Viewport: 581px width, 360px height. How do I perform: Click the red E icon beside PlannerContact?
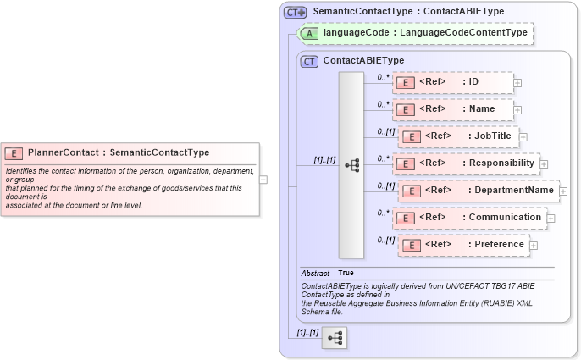point(14,153)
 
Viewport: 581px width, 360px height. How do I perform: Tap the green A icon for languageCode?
point(311,33)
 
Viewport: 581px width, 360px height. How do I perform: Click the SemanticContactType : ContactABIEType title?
point(408,11)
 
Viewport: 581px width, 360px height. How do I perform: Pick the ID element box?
point(452,82)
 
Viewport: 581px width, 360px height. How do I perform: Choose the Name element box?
point(452,109)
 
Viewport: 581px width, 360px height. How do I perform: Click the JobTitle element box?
point(457,136)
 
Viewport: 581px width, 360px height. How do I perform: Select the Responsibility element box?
point(465,163)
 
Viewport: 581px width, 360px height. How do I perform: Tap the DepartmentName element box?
point(478,191)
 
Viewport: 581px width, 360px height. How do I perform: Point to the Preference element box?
point(462,245)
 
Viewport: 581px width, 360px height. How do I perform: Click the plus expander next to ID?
point(517,83)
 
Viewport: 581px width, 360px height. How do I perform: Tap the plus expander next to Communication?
point(551,219)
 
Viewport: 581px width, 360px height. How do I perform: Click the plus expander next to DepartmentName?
point(563,191)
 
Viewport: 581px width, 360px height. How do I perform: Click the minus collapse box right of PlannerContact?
point(263,180)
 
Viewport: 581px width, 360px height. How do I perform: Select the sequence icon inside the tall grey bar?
point(351,166)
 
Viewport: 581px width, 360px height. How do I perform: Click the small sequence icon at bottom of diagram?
point(335,337)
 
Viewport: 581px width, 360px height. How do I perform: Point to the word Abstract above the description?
point(315,273)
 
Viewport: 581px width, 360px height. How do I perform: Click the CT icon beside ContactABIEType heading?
point(309,61)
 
